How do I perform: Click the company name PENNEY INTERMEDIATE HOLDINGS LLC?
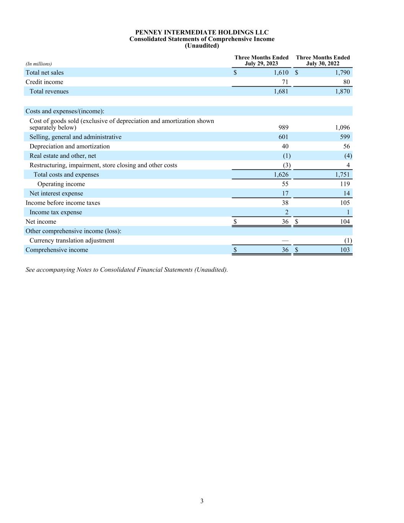click(202, 32)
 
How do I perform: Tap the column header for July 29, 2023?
click(261, 61)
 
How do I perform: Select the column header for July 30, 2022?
click(322, 61)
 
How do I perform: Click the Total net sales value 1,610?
click(281, 72)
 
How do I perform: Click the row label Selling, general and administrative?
click(75, 137)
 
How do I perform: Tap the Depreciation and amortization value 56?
click(346, 146)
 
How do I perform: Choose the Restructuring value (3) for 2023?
click(286, 165)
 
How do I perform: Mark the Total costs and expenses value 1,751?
click(342, 174)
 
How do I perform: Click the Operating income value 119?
click(345, 184)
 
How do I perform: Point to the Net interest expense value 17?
click(285, 193)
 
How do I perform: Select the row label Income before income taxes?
click(63, 203)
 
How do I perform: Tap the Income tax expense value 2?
click(286, 212)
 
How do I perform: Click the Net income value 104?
click(345, 221)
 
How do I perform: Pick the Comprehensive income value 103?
click(345, 250)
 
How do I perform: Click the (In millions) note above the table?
click(39, 64)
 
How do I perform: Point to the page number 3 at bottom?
click(202, 501)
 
